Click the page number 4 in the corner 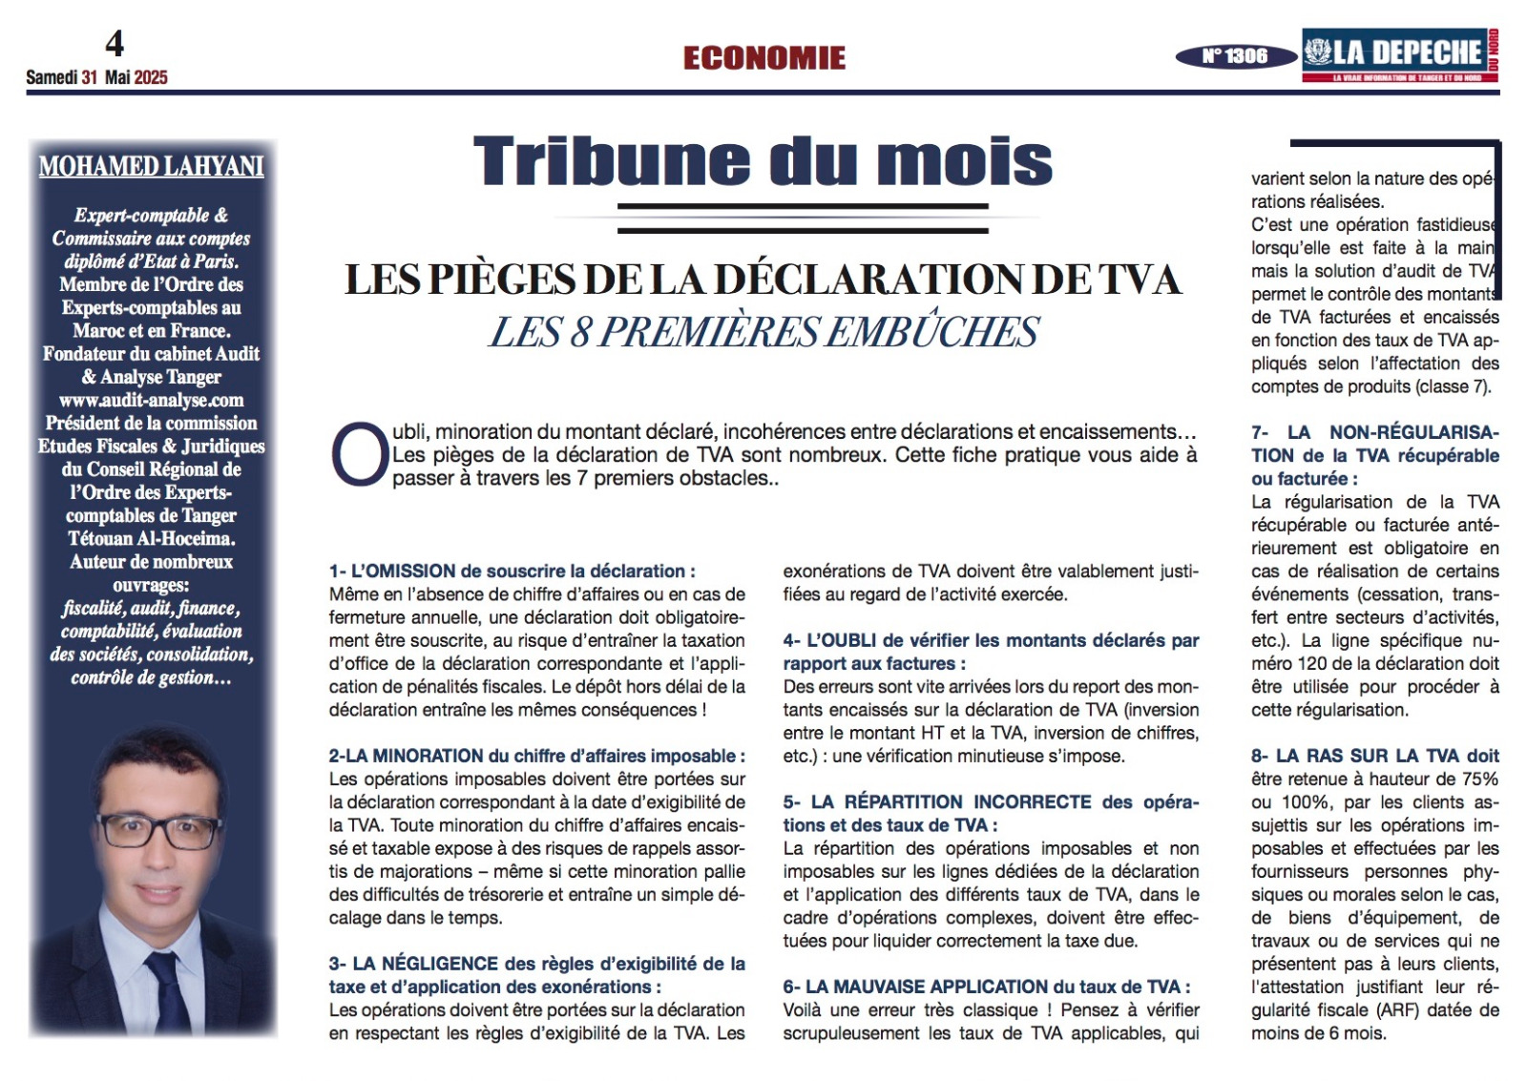tap(115, 44)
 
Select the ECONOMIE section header tap(764, 58)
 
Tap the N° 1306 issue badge tap(1234, 56)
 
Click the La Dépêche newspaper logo tap(1399, 54)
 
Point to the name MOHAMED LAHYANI tap(152, 167)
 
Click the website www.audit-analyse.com tap(152, 401)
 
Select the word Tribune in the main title tap(612, 160)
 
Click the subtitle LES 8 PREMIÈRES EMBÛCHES tap(764, 332)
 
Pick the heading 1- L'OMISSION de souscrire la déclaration tap(512, 572)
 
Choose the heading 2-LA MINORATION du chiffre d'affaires tap(536, 757)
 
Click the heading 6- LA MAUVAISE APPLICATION tap(987, 987)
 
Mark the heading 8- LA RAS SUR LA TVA tap(1374, 757)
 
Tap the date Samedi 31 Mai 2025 tap(96, 78)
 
